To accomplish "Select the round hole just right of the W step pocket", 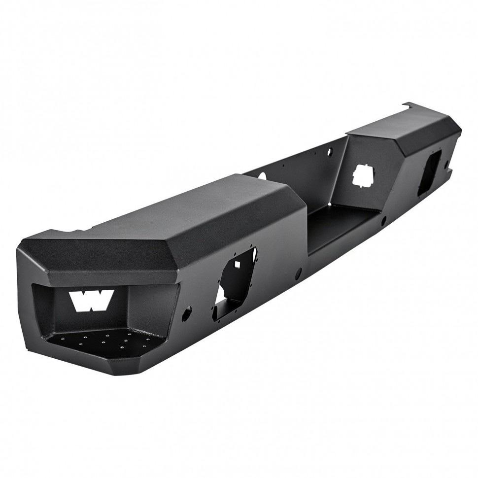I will [188, 312].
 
